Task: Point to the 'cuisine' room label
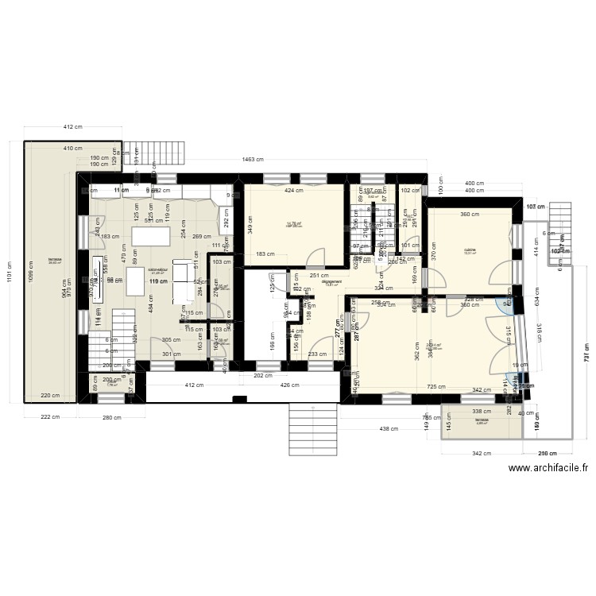[x=470, y=250]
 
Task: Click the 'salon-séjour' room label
[x=157, y=269]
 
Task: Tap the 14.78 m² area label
[x=295, y=225]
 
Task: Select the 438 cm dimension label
[x=389, y=429]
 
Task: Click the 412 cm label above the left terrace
[x=74, y=127]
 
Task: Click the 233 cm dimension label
[x=317, y=355]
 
